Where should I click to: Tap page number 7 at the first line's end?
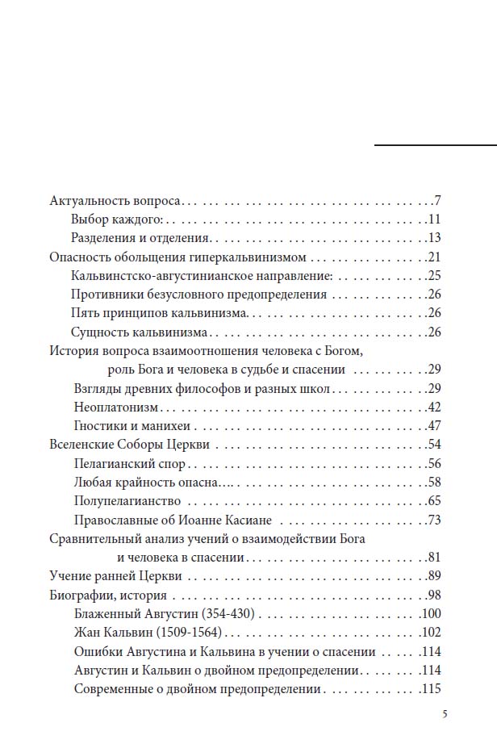tap(436, 200)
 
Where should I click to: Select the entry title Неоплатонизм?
tap(111, 407)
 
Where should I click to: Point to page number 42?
tap(433, 407)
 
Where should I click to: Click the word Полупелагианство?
tap(120, 501)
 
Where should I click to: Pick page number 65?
tap(433, 501)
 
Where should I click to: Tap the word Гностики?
tap(98, 426)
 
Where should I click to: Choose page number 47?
tap(433, 426)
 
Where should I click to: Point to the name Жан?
tap(84, 633)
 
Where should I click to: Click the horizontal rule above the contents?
tap(436, 144)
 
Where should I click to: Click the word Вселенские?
tap(81, 445)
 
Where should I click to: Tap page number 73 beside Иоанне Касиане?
tap(433, 520)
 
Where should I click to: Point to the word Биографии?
tap(81, 595)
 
